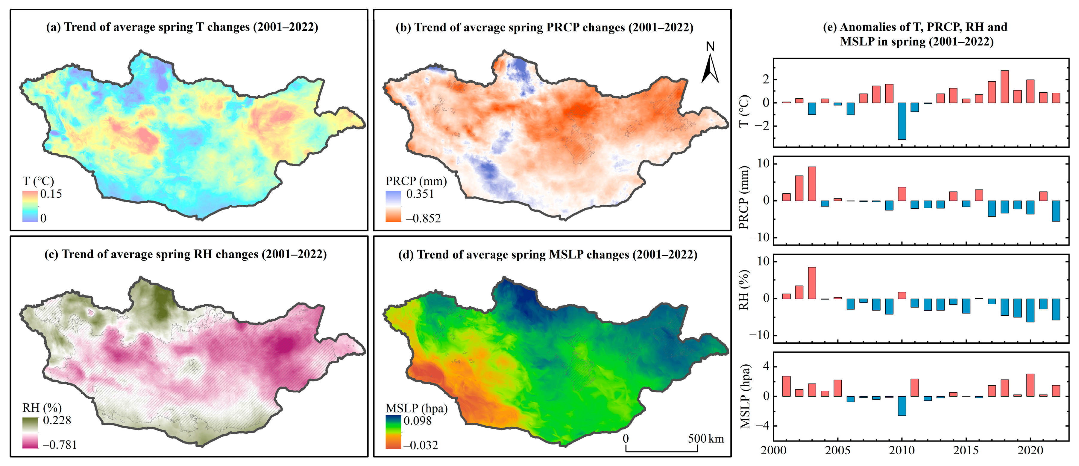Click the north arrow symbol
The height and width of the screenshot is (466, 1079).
coord(710,69)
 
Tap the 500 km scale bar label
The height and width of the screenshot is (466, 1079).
coord(706,439)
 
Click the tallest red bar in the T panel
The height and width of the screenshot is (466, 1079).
coord(1004,87)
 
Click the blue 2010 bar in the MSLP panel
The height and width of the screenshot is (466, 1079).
coord(902,405)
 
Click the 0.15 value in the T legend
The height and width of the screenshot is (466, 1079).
coord(51,194)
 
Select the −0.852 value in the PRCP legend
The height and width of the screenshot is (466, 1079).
coord(423,219)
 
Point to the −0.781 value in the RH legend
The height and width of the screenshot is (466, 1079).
coord(60,445)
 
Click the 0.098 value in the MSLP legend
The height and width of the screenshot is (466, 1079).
coord(417,421)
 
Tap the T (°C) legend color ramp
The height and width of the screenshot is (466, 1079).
coord(30,206)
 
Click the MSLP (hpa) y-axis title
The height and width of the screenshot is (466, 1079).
coord(745,397)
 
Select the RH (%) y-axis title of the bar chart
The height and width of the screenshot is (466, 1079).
coord(743,289)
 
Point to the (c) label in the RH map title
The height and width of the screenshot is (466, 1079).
coord(51,254)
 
